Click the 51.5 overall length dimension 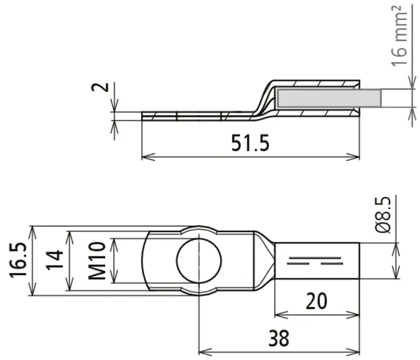(250, 143)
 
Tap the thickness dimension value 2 (100, 87)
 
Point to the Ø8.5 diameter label (383, 215)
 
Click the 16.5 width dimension (18, 260)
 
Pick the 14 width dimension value (55, 260)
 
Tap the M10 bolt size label (97, 260)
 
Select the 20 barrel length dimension (316, 301)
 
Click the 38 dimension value (279, 338)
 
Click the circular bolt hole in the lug (199, 260)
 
